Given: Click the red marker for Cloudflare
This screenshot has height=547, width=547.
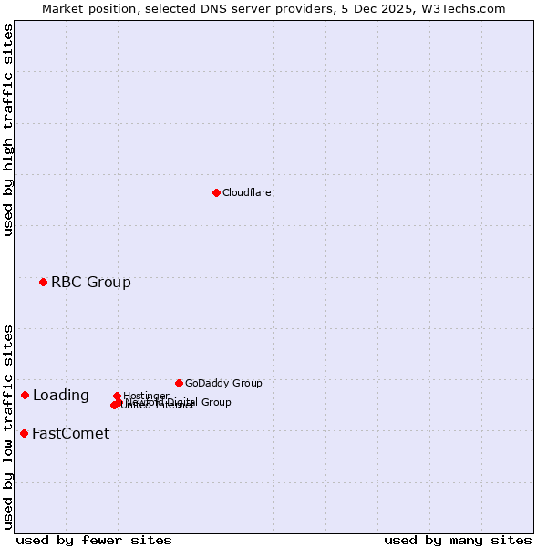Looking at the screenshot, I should click(x=216, y=192).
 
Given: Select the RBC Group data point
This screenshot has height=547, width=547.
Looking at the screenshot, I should click(x=43, y=282).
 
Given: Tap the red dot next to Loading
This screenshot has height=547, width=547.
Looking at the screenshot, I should click(x=25, y=395).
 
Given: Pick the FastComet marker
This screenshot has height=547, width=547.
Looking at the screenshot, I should click(x=24, y=433).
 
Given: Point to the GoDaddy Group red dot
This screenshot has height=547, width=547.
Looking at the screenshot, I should click(x=179, y=383).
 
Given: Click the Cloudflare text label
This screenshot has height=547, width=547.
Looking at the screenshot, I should click(x=246, y=192).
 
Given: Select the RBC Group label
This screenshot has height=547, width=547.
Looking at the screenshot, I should click(x=90, y=282).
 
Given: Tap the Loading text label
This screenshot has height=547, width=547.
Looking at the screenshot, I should click(x=60, y=395).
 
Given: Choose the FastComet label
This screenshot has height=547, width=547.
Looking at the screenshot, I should click(x=70, y=433).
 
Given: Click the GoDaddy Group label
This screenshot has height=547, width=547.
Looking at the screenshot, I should click(x=222, y=383).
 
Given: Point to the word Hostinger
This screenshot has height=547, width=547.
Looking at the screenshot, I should click(x=146, y=396).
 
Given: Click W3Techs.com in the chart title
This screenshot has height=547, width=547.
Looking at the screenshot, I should click(x=464, y=8).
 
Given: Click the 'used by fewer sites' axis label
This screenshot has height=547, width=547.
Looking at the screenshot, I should click(x=94, y=540).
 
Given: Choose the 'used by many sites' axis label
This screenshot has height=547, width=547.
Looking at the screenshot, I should click(x=458, y=540).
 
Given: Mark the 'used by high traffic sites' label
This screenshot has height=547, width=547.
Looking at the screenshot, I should click(x=9, y=129).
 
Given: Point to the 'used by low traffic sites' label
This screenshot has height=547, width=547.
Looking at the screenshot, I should click(x=9, y=426).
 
